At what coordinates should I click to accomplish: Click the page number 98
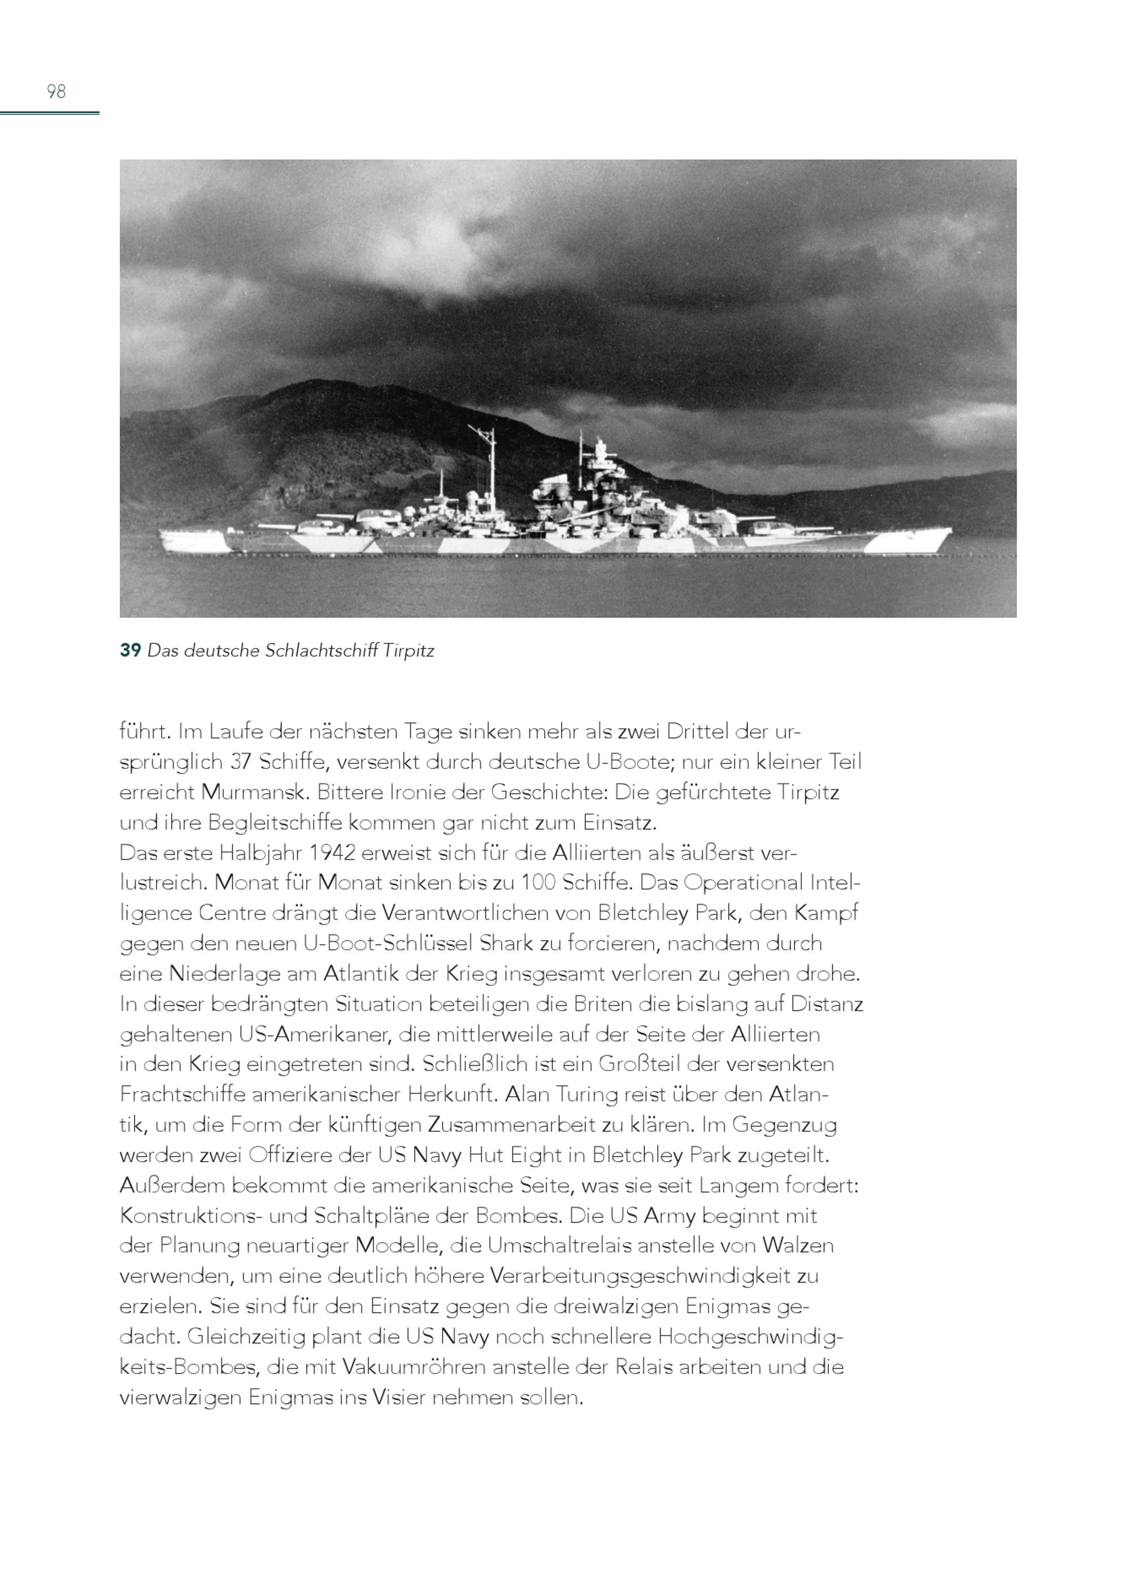pyautogui.click(x=56, y=91)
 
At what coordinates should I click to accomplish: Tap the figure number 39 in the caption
pyautogui.click(x=130, y=651)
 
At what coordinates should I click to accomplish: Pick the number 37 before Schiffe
pyautogui.click(x=241, y=762)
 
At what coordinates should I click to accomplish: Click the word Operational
pyautogui.click(x=743, y=883)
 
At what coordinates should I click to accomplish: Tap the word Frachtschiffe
pyautogui.click(x=182, y=1094)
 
